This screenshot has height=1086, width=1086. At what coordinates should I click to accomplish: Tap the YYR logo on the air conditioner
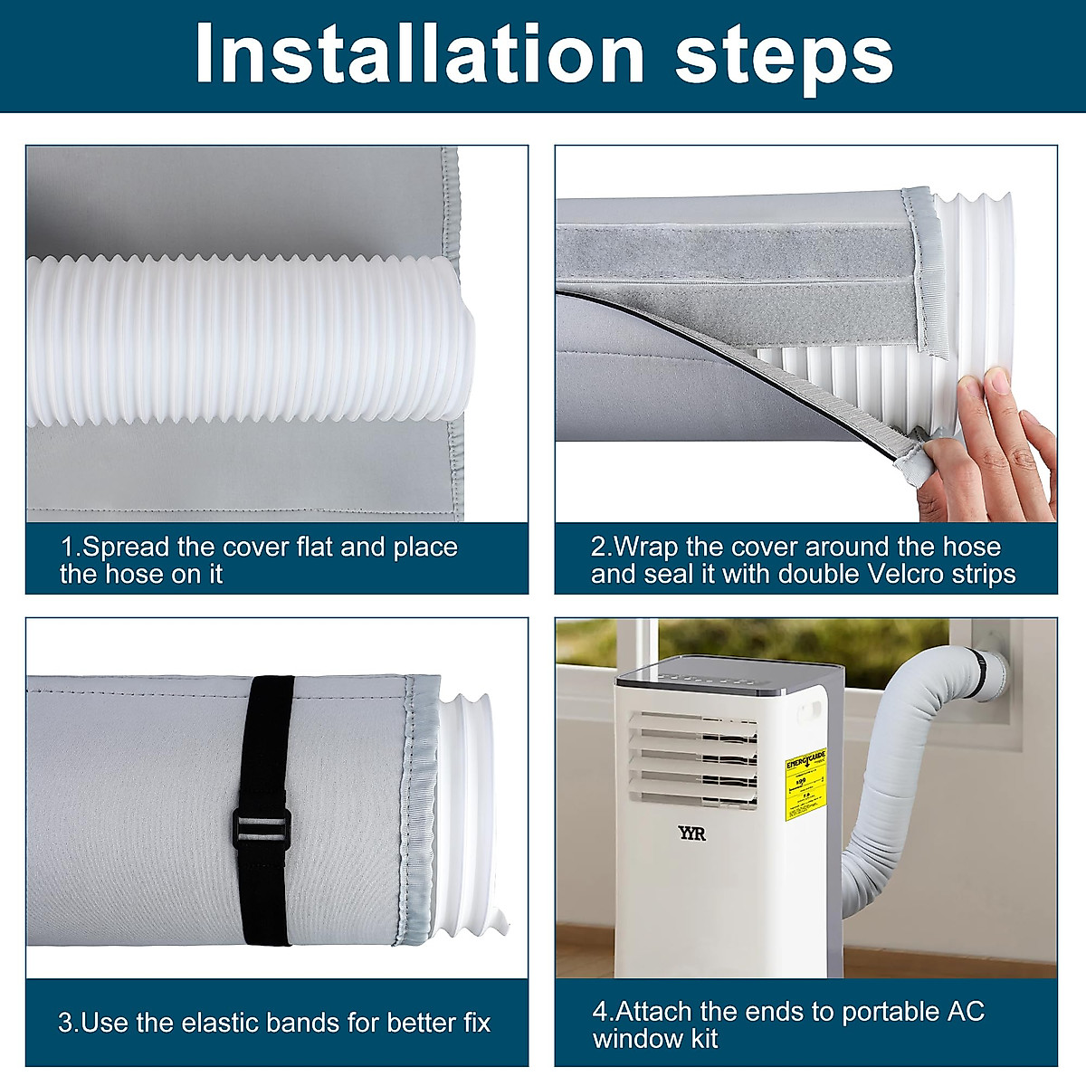pos(692,833)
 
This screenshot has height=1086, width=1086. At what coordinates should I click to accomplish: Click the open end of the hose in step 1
pos(462,339)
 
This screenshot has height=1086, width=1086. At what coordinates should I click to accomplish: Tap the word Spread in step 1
pos(125,547)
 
